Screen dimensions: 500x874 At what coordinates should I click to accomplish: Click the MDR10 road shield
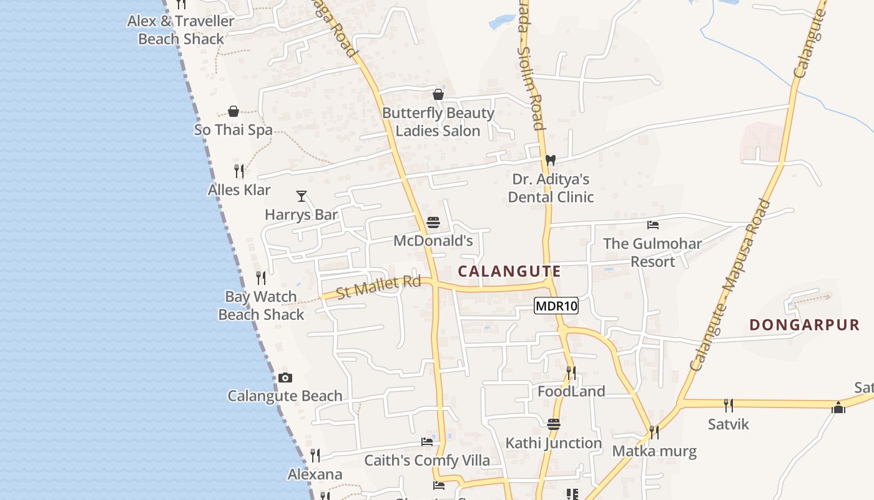[556, 306]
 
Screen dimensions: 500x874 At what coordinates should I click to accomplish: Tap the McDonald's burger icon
[433, 222]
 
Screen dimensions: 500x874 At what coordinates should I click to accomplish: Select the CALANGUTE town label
[509, 271]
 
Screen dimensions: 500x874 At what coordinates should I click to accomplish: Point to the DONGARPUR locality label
[804, 325]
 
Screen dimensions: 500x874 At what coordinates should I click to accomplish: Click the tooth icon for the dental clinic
[550, 160]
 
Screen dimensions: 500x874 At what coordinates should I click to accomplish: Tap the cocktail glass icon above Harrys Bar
[302, 196]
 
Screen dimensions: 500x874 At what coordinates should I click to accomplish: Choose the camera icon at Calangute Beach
[285, 377]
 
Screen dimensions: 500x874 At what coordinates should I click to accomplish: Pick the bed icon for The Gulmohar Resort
[653, 225]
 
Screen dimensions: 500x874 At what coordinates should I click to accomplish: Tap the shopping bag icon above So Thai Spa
[233, 111]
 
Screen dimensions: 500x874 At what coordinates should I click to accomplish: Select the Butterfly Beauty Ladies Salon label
[438, 122]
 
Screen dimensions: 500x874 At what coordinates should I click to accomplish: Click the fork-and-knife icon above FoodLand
[571, 373]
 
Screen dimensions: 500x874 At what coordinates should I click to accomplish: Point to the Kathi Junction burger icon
[554, 424]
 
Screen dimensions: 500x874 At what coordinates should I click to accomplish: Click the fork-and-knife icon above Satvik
[728, 405]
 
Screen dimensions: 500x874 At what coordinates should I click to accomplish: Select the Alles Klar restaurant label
[239, 189]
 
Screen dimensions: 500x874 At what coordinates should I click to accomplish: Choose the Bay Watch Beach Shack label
[261, 305]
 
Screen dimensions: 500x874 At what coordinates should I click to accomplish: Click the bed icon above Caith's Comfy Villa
[427, 442]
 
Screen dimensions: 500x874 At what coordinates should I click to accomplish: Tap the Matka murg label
[654, 451]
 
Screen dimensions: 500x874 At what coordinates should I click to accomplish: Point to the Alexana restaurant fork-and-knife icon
[315, 456]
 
